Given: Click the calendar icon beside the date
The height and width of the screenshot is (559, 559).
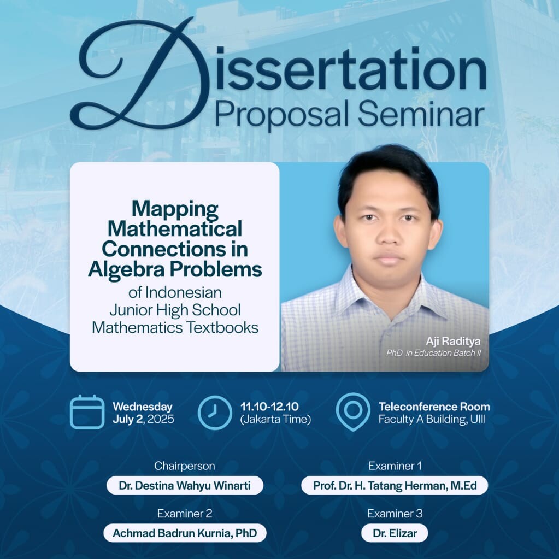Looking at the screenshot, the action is coord(87,412).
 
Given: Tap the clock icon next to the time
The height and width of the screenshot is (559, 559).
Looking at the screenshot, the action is coord(215,412).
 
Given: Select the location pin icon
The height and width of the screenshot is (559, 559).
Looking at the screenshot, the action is coord(352,412).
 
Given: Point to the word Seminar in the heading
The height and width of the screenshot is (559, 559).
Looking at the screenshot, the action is coord(421,114).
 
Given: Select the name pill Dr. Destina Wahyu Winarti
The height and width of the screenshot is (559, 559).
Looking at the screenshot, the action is coord(185,486).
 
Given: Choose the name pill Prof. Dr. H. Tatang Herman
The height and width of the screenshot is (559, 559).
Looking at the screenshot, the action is coord(395,486).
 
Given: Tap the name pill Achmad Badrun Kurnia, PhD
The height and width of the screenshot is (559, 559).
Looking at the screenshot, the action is coord(185,533).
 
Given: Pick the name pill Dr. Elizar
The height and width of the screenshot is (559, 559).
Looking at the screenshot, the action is coord(395,533).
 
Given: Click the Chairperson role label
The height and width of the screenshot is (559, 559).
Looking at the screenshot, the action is coord(185,466).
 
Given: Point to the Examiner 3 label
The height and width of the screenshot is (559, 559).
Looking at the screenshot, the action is coord(395,514).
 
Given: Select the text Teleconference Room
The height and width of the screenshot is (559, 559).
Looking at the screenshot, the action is coord(434,407).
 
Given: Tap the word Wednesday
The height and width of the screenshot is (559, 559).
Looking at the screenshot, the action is coord(143,407).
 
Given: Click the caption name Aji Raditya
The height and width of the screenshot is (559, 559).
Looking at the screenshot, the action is coord(453,341).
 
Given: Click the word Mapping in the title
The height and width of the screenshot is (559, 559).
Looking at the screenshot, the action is coord(175,209).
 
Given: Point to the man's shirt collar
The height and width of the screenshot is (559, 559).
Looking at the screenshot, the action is coord(385,285).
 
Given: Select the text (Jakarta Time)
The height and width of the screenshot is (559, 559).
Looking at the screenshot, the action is coord(275,419).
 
